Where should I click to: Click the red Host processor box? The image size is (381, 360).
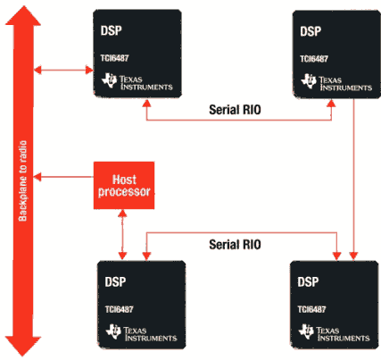coord(124,185)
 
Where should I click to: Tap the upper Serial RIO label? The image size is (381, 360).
coord(235,110)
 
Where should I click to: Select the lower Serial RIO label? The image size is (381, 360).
coord(235,245)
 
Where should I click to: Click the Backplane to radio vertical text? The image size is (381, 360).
coord(23,180)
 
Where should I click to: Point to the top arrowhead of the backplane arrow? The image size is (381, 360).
coord(23,15)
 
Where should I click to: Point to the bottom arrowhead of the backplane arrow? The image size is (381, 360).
coord(23,347)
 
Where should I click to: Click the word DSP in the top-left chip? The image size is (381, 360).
coord(112,30)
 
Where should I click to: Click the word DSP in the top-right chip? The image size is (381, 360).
coord(311,31)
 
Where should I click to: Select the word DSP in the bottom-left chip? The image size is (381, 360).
coord(115,282)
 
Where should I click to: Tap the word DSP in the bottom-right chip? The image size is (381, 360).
coord(308,282)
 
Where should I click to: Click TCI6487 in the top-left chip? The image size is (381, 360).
coord(114,58)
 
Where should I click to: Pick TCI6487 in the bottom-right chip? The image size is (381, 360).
coord(311,309)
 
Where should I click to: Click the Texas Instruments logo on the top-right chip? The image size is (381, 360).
coord(336,83)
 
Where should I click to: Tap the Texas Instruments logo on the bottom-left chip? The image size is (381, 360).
coord(141,333)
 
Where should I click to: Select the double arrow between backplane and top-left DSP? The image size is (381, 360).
coord(63,70)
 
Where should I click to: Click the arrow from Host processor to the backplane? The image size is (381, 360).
coord(63,177)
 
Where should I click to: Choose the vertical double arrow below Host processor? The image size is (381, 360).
coord(122,235)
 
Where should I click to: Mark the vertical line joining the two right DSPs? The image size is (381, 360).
coord(353,180)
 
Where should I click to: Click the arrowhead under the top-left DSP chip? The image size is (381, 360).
coord(146,103)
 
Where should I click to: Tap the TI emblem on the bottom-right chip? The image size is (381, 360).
coord(306,331)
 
